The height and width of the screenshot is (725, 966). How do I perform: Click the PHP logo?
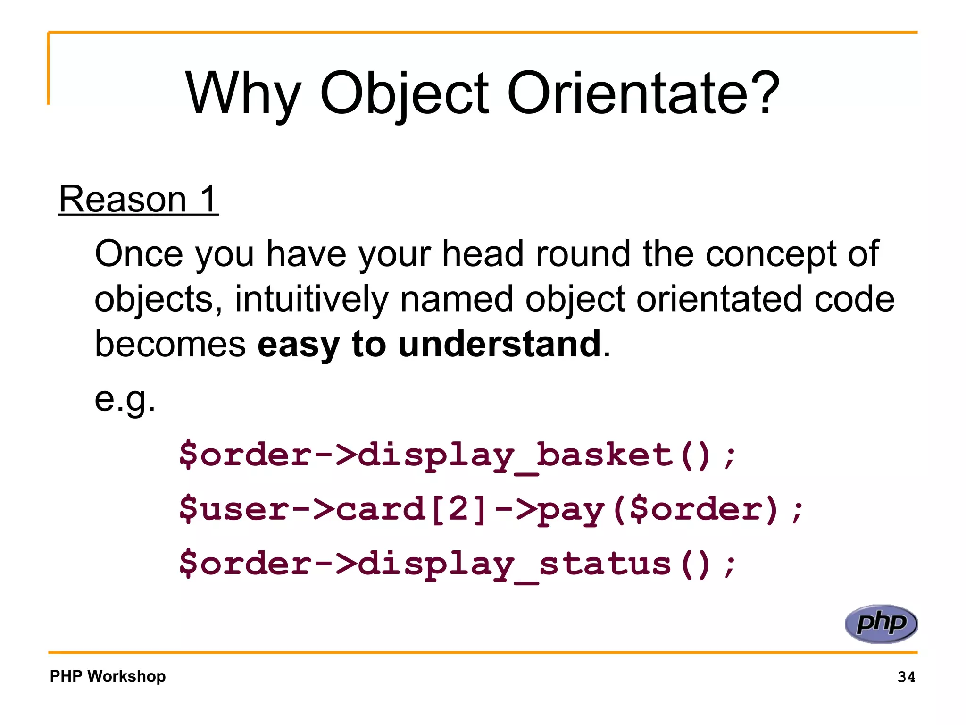[881, 624]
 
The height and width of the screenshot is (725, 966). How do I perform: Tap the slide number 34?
[906, 677]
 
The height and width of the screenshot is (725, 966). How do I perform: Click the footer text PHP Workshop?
[108, 676]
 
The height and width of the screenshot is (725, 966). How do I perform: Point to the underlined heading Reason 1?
[138, 199]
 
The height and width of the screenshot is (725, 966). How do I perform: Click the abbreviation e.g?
[125, 399]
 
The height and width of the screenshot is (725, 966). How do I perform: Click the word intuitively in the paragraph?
[311, 299]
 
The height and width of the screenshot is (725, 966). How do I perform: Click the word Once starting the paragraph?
[139, 254]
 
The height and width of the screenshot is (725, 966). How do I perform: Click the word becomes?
[170, 344]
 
